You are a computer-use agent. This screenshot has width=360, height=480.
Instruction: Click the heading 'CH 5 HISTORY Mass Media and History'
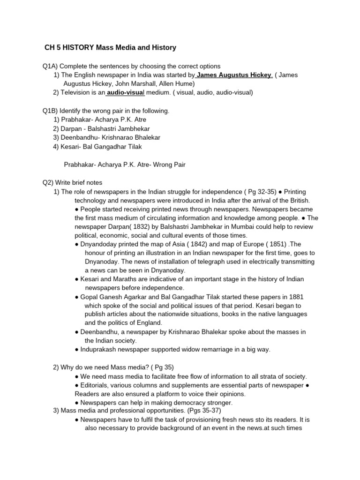tap(110, 47)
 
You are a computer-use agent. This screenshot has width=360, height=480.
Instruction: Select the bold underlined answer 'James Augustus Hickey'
tap(234, 75)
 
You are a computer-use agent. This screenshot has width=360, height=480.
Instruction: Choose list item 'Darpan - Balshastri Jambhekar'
tap(102, 128)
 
